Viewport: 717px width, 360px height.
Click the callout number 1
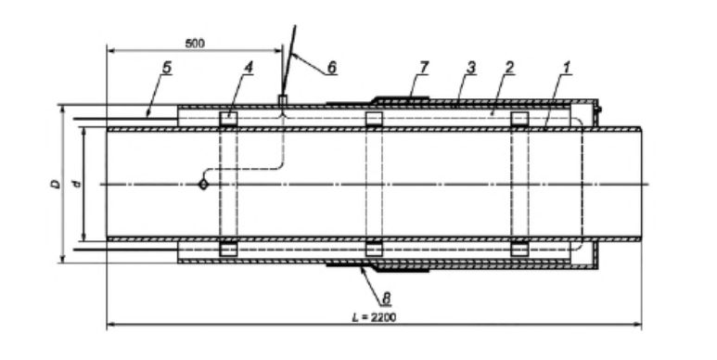coord(567,68)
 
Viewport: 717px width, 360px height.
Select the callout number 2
coord(509,68)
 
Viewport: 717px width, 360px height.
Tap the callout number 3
coord(470,68)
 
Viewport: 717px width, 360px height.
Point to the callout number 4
coord(249,68)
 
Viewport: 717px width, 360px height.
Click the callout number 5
coord(167,68)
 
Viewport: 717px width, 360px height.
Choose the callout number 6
coord(331,68)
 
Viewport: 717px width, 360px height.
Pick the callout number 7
coord(424,68)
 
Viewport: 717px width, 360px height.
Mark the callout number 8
coord(387,299)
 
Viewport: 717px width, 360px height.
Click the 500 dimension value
coord(195,44)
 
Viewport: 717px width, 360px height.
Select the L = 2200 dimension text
coord(374,317)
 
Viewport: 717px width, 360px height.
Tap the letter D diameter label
coord(56,184)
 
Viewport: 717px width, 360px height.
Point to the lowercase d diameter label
coord(77,184)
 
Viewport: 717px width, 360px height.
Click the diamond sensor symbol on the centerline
coord(203,185)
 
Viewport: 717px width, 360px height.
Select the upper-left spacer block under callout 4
coord(228,119)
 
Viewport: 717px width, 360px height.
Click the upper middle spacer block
coord(374,119)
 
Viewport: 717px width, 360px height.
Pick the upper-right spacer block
coord(519,119)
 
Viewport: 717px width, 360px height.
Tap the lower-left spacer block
coord(228,250)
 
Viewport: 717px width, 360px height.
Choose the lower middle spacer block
coord(374,250)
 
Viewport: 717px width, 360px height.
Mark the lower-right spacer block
coord(519,250)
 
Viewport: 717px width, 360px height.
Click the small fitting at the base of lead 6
coord(283,100)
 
